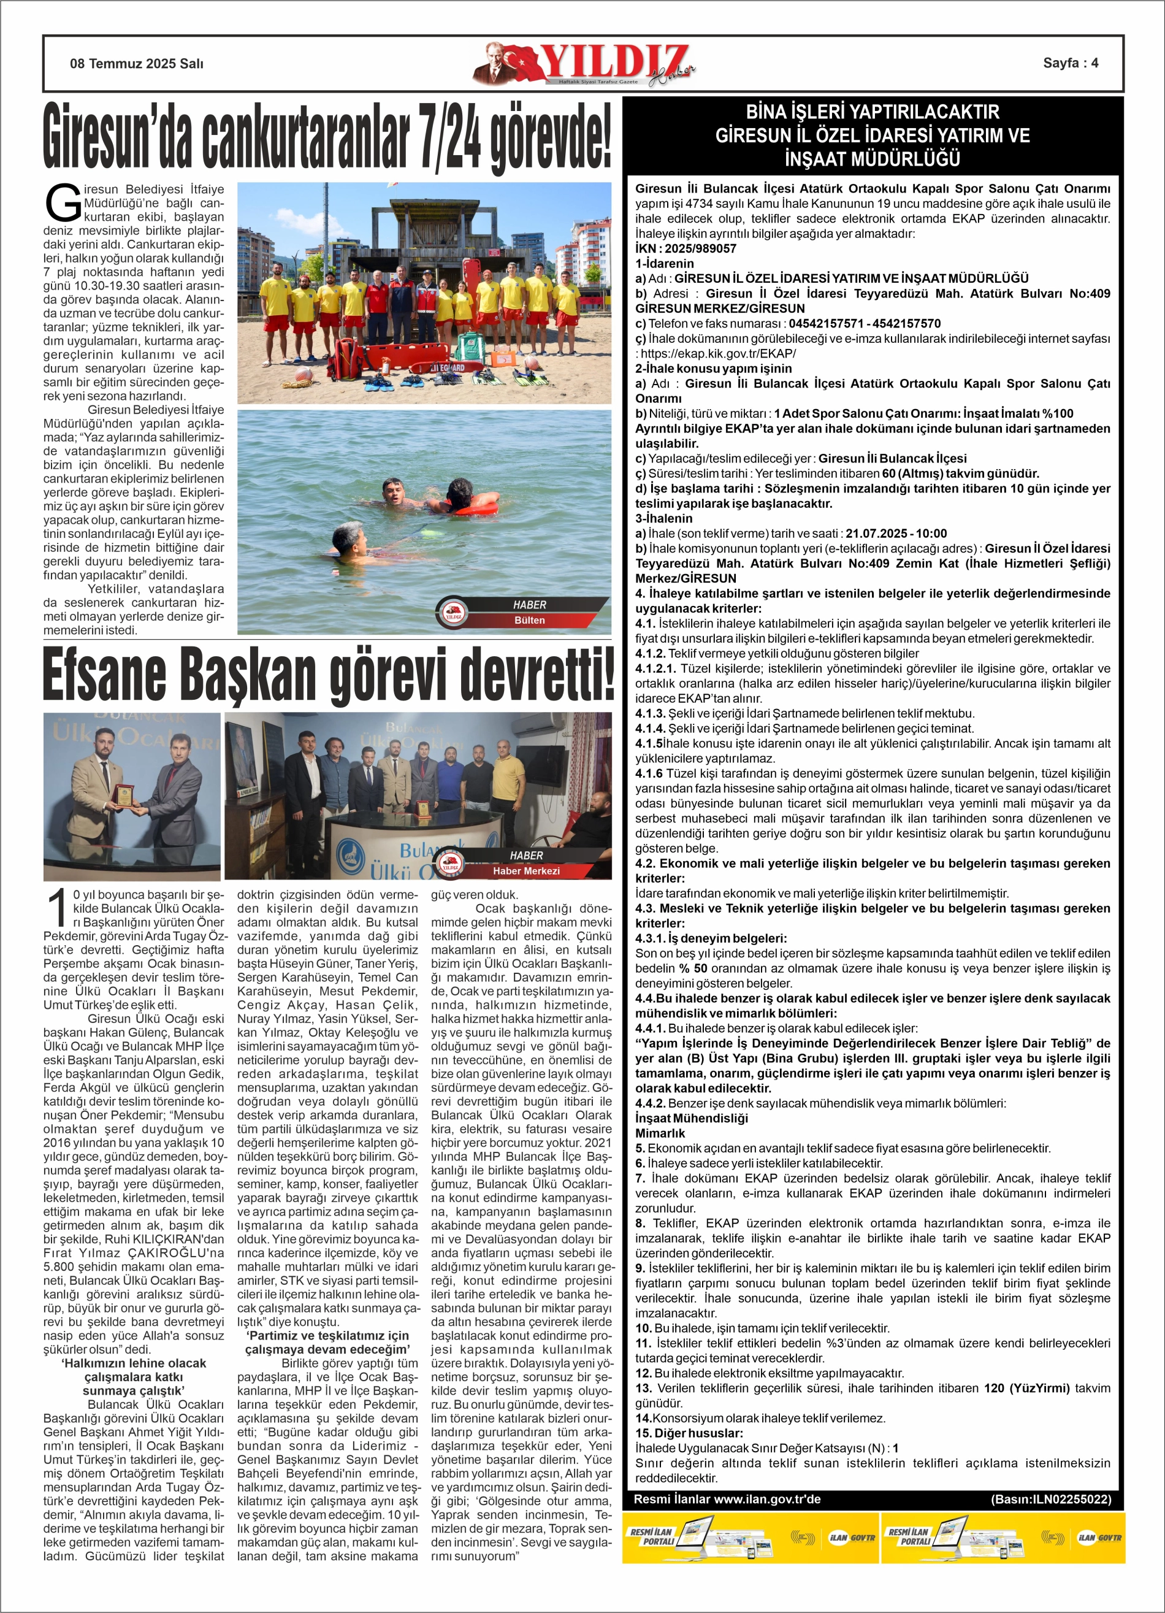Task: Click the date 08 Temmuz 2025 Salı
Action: [137, 63]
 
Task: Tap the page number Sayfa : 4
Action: [1070, 63]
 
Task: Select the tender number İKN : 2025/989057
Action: [686, 248]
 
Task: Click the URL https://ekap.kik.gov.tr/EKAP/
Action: [719, 353]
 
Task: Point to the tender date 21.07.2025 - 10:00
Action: [896, 534]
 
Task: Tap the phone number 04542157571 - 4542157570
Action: [864, 324]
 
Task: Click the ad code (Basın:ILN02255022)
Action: [1050, 1499]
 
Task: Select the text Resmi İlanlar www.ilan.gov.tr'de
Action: [727, 1499]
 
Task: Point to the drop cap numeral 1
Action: [57, 911]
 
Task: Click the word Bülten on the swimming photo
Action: [529, 620]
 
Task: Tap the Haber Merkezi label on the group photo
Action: [525, 870]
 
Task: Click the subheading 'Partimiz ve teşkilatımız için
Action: [328, 1336]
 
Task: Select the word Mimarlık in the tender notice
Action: [660, 1133]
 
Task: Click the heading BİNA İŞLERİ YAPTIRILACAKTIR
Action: [872, 112]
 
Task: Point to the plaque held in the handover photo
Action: [124, 798]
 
